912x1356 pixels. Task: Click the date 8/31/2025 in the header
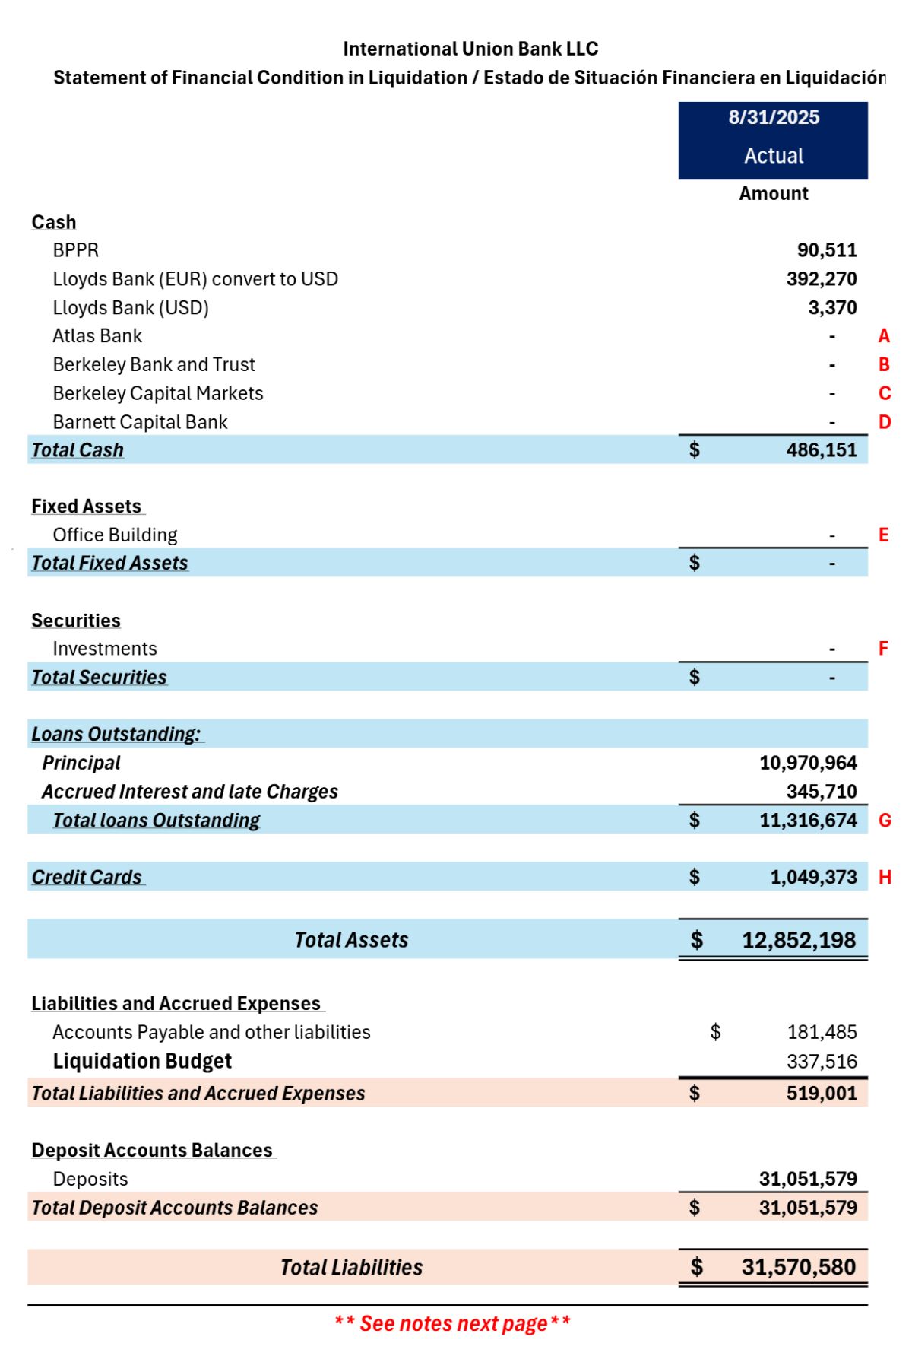[x=774, y=117]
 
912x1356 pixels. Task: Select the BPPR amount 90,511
[x=827, y=250]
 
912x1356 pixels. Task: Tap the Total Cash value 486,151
[x=822, y=450]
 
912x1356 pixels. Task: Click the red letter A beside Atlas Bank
[x=884, y=336]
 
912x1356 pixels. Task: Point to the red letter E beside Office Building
[x=883, y=535]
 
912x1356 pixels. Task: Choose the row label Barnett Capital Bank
[x=140, y=422]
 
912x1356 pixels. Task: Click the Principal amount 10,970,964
[x=808, y=763]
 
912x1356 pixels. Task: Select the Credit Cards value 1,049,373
[x=813, y=878]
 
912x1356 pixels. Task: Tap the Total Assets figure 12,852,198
[x=799, y=941]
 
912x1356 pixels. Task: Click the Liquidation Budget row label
[x=142, y=1061]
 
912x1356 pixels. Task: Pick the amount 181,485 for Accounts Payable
[x=822, y=1032]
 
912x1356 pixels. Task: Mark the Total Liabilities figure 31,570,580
[x=799, y=1267]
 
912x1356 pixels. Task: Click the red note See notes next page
[x=453, y=1324]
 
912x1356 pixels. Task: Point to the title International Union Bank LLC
[x=470, y=49]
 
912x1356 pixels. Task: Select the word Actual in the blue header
[x=774, y=156]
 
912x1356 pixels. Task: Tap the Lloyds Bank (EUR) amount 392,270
[x=822, y=279]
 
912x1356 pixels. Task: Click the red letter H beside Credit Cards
[x=885, y=878]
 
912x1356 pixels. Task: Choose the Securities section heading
[x=76, y=621]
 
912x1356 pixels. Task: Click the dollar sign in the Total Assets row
[x=696, y=941]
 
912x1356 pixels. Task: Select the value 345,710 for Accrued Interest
[x=822, y=792]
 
